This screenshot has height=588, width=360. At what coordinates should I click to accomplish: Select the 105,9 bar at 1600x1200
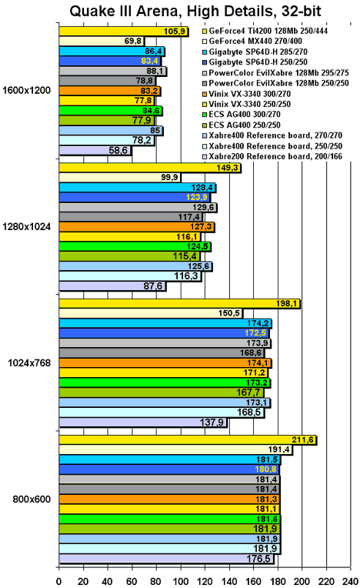pos(123,32)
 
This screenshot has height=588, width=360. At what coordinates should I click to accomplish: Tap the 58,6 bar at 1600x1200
pos(95,151)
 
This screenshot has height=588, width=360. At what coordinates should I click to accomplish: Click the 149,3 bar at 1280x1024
pos(150,168)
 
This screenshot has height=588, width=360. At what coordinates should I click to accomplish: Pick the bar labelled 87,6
pos(112,286)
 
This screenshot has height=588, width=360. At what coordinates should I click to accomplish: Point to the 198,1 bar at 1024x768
pos(179,303)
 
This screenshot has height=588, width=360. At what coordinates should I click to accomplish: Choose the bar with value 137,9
pos(143,423)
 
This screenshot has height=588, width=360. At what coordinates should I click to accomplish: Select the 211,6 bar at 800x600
pos(188,439)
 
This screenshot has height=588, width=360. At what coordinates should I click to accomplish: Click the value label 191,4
pos(279,449)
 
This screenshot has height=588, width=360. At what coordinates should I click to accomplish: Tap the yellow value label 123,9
pos(197,197)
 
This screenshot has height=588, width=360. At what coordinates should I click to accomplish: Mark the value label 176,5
pos(258,559)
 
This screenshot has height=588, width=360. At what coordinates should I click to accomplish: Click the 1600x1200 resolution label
pos(26,90)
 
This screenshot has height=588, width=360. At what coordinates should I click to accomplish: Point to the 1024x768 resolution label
pos(29,363)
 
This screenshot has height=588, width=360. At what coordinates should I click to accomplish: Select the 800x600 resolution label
pos(32,499)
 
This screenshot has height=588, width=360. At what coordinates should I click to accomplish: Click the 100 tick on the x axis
pos(181,582)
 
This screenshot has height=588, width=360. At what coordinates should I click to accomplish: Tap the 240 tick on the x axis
pos(351,582)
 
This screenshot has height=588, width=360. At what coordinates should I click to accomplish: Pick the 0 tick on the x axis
pos(58,582)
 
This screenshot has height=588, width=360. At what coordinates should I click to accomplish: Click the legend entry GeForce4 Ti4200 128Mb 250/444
pos(265,31)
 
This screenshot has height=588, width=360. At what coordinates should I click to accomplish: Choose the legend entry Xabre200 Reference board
pos(272,156)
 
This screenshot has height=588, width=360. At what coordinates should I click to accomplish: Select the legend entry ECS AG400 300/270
pos(242,115)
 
